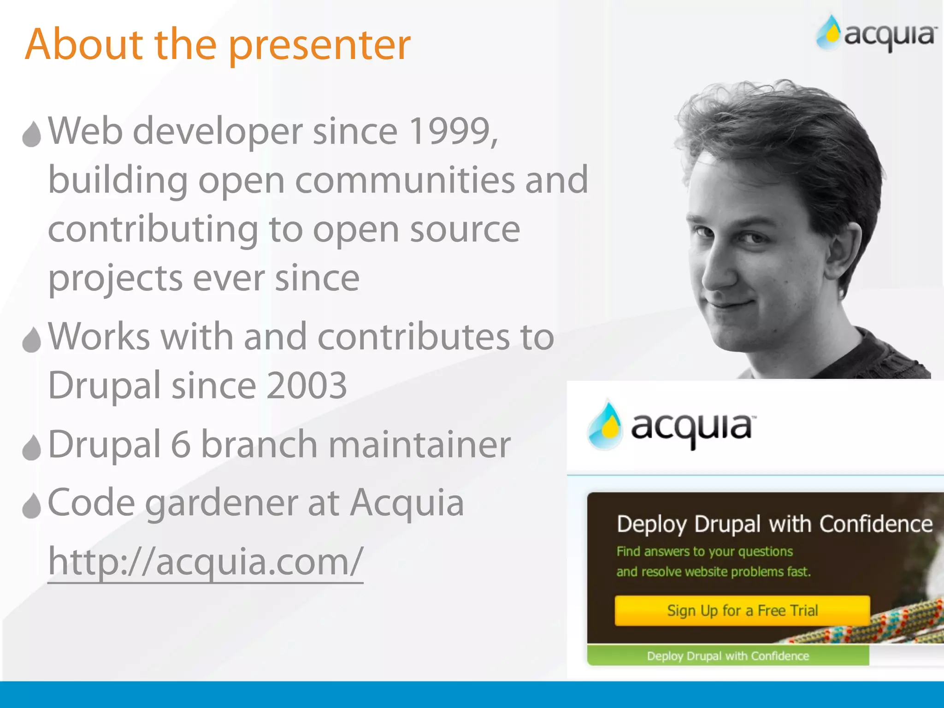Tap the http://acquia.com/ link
coord(206,562)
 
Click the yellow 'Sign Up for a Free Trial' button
coord(742,611)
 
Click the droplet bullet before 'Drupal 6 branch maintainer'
coord(32,447)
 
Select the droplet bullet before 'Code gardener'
coord(32,506)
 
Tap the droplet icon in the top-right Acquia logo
coord(829,32)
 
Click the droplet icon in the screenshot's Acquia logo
coord(605,425)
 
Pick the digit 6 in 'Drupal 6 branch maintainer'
coord(181,445)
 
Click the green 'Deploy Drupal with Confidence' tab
coord(728,656)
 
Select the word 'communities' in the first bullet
coord(405,181)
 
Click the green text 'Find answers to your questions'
coord(705,552)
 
